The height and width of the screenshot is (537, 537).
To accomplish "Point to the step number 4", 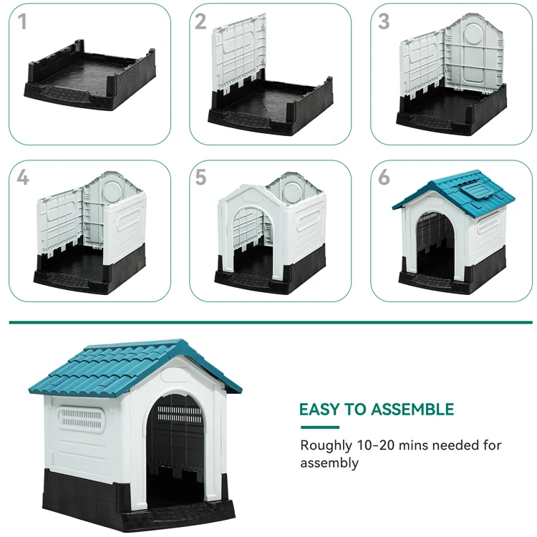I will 23,178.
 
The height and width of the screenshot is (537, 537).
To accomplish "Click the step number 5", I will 200,178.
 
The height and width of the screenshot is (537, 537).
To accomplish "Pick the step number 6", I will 384,178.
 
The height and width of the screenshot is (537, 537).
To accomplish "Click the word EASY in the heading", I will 317,410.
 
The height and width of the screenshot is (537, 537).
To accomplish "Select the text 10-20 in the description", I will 377,445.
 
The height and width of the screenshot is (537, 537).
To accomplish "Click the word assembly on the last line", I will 329,463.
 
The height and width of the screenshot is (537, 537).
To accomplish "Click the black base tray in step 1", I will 89,79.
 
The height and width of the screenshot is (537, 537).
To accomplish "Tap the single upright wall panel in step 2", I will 240,54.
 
